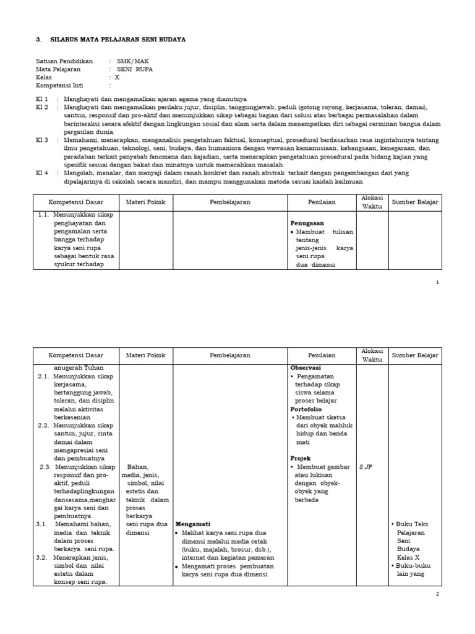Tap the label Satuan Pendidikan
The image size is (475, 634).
click(64, 61)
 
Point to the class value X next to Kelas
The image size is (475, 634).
click(118, 77)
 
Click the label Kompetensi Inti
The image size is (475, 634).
click(59, 85)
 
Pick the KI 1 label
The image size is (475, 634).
click(42, 99)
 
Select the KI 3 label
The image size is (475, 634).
click(42, 141)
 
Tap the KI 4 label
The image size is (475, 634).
click(42, 173)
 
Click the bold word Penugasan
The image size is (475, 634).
click(307, 223)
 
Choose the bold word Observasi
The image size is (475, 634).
click(306, 367)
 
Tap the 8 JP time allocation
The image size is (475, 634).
click(366, 467)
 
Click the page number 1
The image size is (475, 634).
click(437, 282)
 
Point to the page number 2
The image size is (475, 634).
click(437, 594)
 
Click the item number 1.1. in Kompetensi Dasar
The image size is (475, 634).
click(43, 215)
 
